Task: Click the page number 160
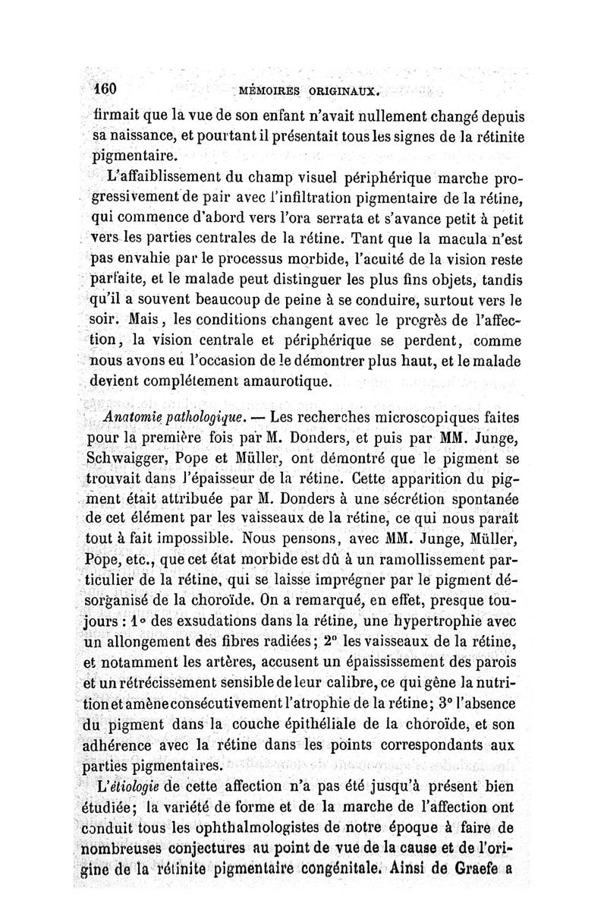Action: tap(104, 88)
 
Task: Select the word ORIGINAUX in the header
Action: tap(340, 93)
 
